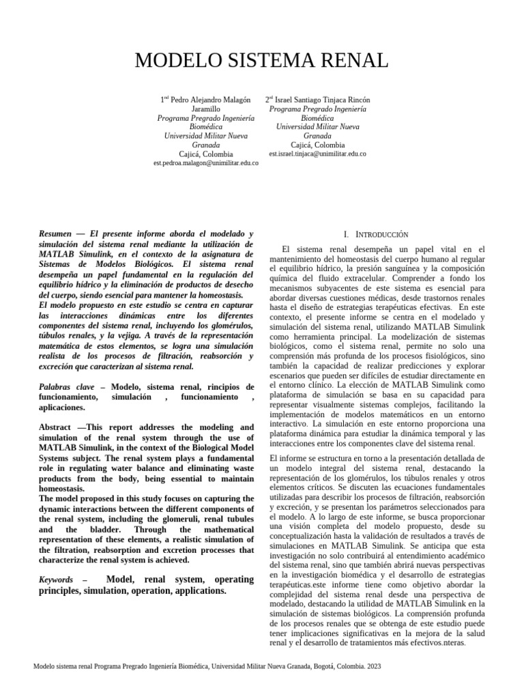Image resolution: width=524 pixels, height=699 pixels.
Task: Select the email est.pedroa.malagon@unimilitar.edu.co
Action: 205,165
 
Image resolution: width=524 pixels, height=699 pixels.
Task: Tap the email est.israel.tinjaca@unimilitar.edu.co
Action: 317,154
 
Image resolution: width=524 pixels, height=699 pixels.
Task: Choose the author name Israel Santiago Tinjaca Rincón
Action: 322,100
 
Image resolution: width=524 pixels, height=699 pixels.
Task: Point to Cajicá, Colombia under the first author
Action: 205,154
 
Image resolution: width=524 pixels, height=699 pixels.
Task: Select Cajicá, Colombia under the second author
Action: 317,145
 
